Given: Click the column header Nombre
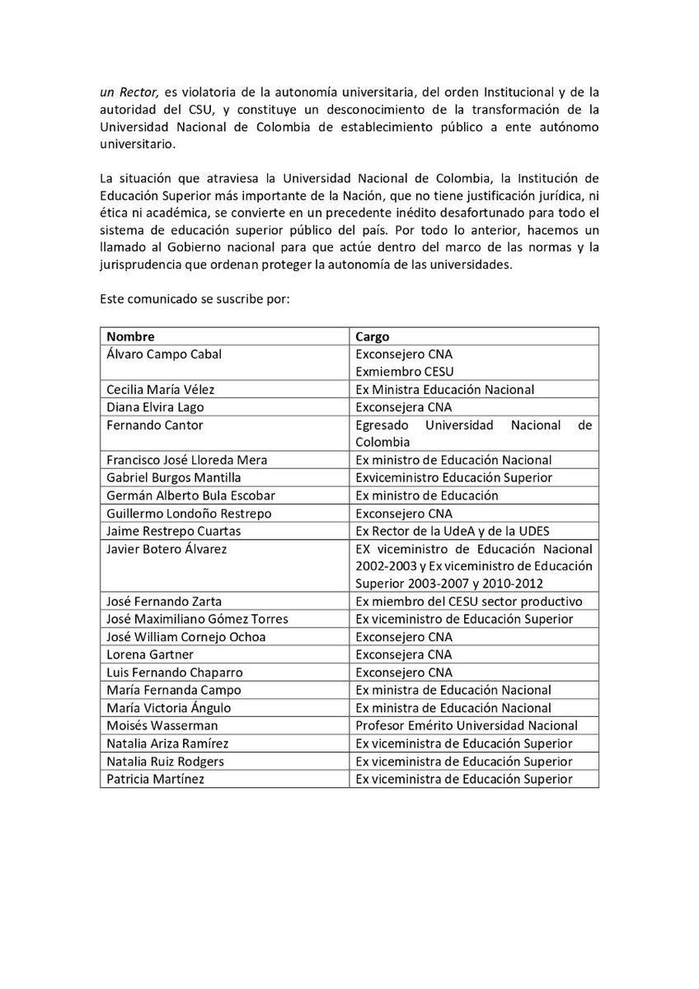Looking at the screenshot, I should (130, 336).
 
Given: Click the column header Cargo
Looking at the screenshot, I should (372, 336).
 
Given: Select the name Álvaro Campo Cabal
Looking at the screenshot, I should (164, 354).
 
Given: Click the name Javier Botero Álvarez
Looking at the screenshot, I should (167, 549).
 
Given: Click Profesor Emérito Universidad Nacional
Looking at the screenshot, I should (466, 725).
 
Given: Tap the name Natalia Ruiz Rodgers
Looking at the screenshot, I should (165, 761).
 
